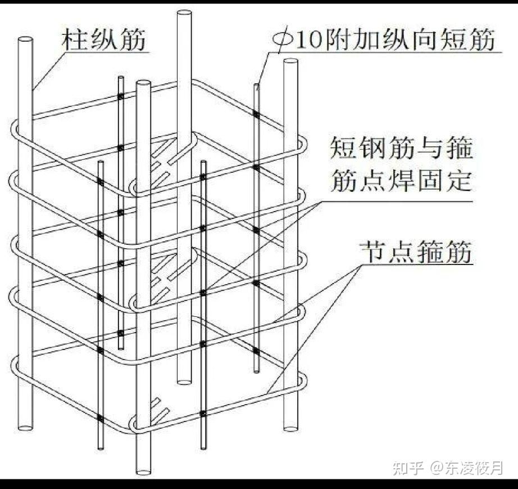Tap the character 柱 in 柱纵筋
tap(72, 40)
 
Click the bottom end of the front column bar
tap(144, 469)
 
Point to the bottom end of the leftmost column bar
tap(24, 429)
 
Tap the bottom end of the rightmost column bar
tap(290, 428)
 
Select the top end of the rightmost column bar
tap(289, 61)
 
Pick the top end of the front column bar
tap(144, 84)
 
